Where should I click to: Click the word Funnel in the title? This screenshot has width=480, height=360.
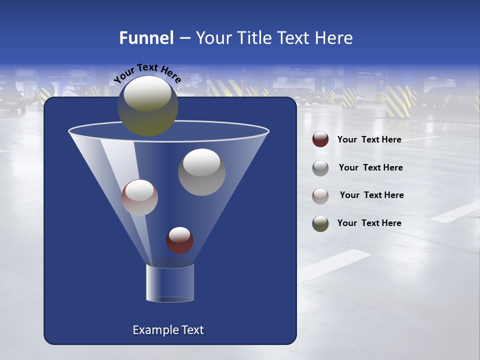[x=146, y=38]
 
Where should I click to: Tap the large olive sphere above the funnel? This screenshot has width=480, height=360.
[x=147, y=106]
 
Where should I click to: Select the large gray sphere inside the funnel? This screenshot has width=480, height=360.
[x=201, y=172]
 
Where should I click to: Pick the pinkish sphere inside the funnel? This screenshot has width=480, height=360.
[x=139, y=197]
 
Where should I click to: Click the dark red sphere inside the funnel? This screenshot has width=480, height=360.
[x=179, y=240]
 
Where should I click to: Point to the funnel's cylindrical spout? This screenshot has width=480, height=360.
[x=169, y=283]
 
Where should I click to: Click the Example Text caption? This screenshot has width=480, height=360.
[x=168, y=330]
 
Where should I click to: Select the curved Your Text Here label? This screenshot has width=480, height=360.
[x=147, y=73]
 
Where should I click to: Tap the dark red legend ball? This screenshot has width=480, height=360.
[x=320, y=139]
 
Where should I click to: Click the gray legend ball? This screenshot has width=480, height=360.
[x=320, y=167]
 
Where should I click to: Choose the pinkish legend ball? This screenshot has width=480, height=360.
[x=320, y=195]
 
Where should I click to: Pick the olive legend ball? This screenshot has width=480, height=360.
[x=320, y=223]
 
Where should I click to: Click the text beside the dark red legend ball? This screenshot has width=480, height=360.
[x=369, y=140]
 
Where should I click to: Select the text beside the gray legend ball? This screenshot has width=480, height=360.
[x=370, y=168]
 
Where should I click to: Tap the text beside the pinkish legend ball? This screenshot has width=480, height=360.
[x=371, y=195]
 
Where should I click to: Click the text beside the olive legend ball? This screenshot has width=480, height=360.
[x=369, y=223]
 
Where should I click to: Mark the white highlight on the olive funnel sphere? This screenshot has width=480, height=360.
[x=147, y=93]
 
